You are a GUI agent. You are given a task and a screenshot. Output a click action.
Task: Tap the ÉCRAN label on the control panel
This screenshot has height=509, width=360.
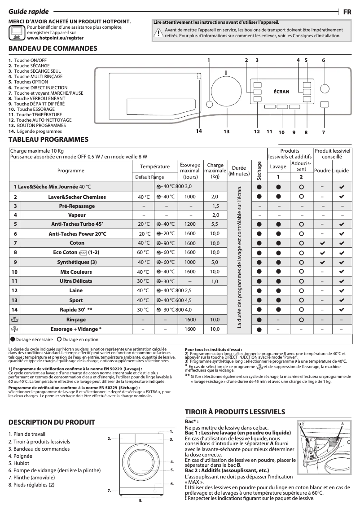tap(281, 91)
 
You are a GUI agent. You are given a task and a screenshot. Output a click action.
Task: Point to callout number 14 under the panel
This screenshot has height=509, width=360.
tap(198, 131)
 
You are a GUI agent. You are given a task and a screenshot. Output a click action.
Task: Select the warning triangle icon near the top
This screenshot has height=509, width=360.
tap(158, 32)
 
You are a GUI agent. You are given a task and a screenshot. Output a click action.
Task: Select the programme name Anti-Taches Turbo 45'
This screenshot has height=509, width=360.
tap(77, 224)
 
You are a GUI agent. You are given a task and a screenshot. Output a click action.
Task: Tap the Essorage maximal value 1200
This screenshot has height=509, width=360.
tap(190, 224)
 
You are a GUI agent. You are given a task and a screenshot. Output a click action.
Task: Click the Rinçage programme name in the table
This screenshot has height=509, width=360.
tap(76, 320)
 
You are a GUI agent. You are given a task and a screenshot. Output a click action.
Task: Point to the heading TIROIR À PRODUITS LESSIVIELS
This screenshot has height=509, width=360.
tap(235, 411)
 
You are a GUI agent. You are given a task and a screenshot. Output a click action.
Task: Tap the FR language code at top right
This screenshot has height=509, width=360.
tap(347, 12)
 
